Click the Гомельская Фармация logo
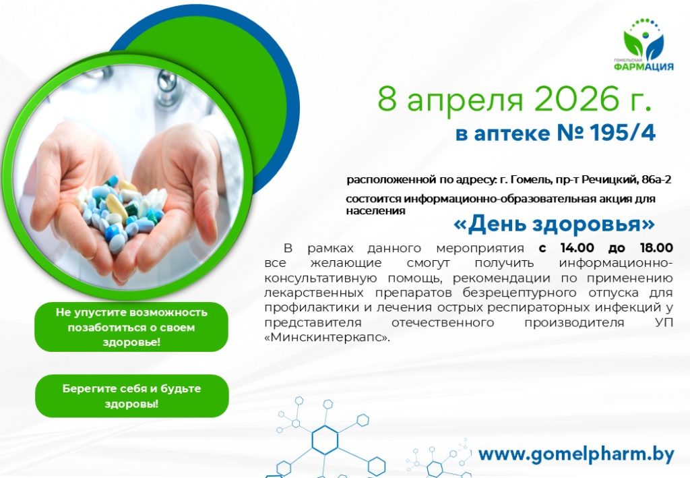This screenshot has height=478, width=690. (x=644, y=44)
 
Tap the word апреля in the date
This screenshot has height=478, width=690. (x=465, y=102)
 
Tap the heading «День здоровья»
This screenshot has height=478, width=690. (x=554, y=224)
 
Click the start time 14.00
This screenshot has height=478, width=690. (x=577, y=248)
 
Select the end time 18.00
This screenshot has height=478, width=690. (x=656, y=248)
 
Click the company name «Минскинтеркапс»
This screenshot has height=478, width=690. (x=327, y=338)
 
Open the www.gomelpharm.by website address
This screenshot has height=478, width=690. (x=576, y=454)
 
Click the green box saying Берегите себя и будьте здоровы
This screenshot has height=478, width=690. (x=132, y=396)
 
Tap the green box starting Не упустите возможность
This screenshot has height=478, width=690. (x=131, y=327)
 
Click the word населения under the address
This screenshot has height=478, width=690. (x=375, y=211)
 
